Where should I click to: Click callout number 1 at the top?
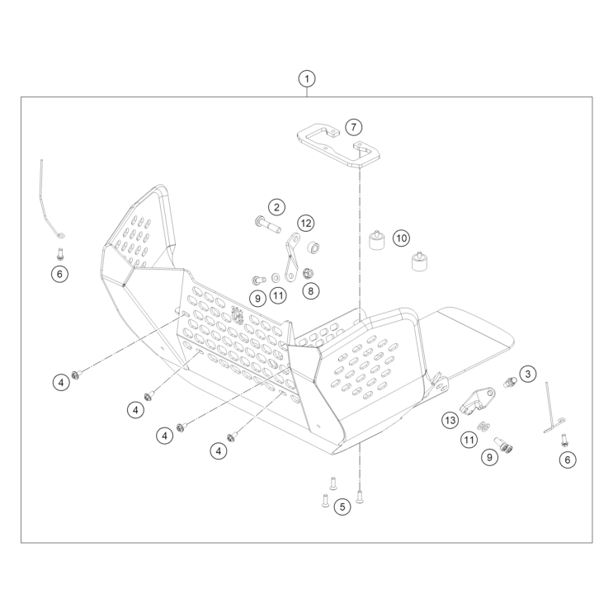(x=307, y=79)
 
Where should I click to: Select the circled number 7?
(x=352, y=127)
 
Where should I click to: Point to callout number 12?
(x=306, y=223)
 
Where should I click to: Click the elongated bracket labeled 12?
(x=290, y=257)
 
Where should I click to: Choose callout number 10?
(x=400, y=238)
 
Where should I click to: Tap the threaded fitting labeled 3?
(x=509, y=380)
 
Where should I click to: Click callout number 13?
(x=450, y=421)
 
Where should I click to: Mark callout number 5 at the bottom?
(x=342, y=507)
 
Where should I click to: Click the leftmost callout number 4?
(x=61, y=382)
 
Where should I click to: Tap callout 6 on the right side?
(x=567, y=460)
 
